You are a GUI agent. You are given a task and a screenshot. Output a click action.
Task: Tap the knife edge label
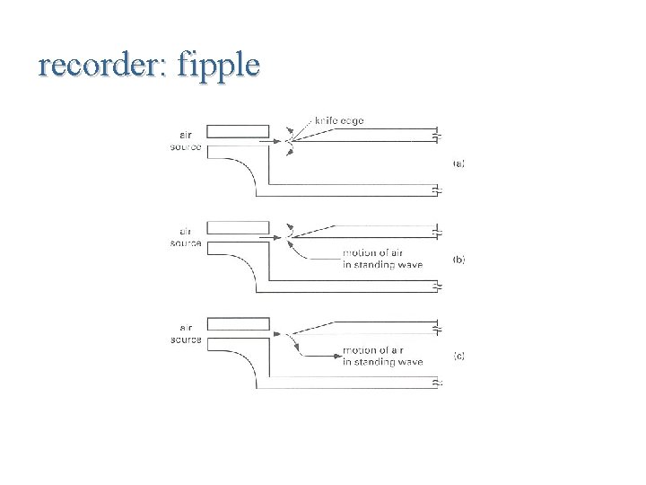point(339,120)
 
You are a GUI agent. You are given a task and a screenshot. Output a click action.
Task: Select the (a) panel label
point(458,163)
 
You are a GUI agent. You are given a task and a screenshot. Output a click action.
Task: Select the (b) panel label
point(458,260)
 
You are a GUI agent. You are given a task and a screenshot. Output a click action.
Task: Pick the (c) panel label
point(458,356)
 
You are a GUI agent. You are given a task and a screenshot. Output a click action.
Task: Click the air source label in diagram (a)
point(187,141)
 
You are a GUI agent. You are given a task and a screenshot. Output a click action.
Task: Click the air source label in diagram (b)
point(187,237)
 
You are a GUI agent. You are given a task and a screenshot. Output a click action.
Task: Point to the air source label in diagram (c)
point(187,334)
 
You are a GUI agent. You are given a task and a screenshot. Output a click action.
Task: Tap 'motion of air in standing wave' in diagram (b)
point(382,259)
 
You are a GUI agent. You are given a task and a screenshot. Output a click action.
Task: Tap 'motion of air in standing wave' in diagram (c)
point(382,356)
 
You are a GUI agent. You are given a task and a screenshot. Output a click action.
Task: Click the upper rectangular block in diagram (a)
point(238,131)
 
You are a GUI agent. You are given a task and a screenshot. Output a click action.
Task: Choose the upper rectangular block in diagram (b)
point(238,227)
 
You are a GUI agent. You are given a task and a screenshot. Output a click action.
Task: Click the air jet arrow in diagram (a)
point(270,141)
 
